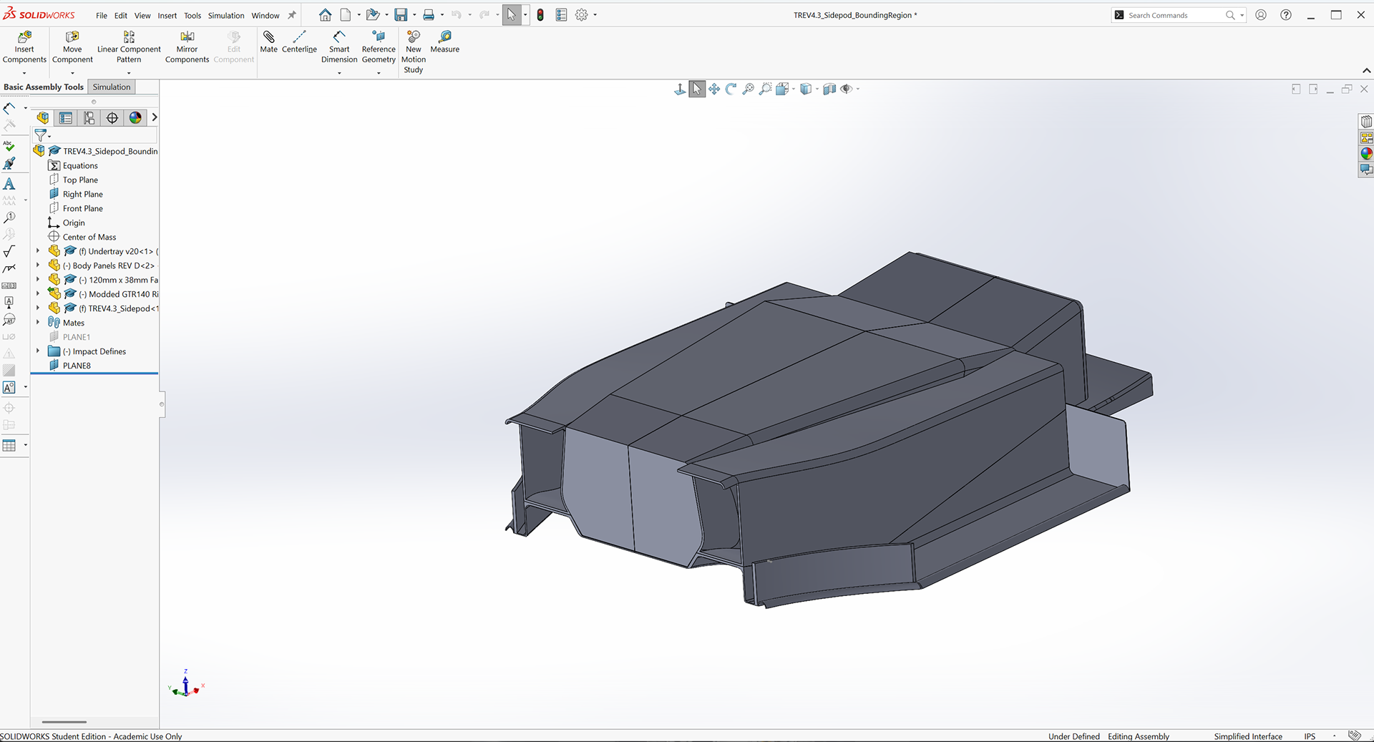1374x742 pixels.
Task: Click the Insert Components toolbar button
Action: point(24,47)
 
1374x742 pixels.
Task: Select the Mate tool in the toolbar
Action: point(268,42)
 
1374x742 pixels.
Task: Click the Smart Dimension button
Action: point(339,47)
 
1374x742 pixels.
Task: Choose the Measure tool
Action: point(444,42)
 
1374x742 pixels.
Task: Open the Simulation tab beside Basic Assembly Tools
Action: point(112,87)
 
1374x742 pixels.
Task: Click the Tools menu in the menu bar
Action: point(193,15)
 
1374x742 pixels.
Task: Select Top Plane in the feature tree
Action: point(80,180)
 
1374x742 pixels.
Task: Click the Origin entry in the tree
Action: point(74,223)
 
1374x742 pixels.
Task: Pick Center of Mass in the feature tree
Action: point(89,237)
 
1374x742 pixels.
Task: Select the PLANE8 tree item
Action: point(77,366)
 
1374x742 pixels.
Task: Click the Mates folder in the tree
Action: point(73,323)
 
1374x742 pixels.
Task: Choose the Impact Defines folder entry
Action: point(99,351)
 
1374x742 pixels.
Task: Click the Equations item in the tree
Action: point(80,165)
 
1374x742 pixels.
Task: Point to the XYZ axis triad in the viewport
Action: point(186,685)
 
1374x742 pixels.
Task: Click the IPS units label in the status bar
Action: point(1310,736)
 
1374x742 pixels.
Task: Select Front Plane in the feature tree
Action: point(82,208)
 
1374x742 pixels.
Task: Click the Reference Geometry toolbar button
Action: point(379,47)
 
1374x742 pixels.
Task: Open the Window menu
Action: point(265,15)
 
